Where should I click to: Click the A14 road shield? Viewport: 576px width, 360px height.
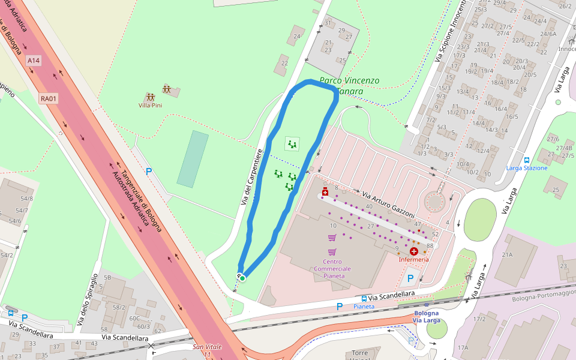(34, 61)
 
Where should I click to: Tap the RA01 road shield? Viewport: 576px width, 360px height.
(49, 98)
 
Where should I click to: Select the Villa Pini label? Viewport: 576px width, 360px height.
(150, 105)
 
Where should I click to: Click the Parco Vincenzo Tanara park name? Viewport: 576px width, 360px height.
(349, 86)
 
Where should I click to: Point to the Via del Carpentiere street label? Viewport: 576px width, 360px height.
(252, 178)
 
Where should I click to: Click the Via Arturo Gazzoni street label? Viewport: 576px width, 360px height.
(388, 205)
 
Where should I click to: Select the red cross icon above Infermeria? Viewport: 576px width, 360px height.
(414, 251)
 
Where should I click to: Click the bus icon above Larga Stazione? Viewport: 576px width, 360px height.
(527, 160)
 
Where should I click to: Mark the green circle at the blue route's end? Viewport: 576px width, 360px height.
(242, 278)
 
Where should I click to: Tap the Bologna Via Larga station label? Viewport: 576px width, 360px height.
(426, 317)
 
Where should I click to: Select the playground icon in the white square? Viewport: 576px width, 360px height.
(292, 144)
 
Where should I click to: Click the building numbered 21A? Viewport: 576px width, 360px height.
(507, 255)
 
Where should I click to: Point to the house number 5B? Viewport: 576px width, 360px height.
(107, 278)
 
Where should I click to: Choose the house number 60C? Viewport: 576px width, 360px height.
(134, 319)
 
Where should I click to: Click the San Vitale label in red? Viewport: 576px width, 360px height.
(207, 347)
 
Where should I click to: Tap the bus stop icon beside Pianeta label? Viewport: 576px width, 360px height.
(364, 298)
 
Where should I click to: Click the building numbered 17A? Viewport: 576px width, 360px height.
(462, 347)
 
